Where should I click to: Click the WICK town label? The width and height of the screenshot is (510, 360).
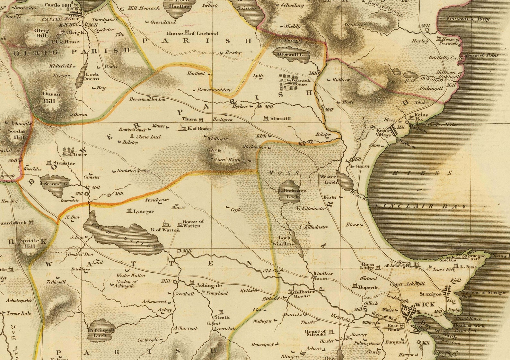point(425,304)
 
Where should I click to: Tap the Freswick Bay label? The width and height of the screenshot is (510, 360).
point(468,19)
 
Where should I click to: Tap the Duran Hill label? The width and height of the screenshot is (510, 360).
point(51,97)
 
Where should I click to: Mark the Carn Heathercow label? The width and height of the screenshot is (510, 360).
point(233,160)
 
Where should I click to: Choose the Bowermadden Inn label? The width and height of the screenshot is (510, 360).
point(147,99)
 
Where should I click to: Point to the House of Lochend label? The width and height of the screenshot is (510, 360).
point(192,33)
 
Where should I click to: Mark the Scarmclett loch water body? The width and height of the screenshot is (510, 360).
point(55,186)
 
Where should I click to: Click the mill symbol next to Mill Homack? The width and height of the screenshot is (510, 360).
point(122,9)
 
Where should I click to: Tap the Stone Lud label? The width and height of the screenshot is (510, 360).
point(148,137)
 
